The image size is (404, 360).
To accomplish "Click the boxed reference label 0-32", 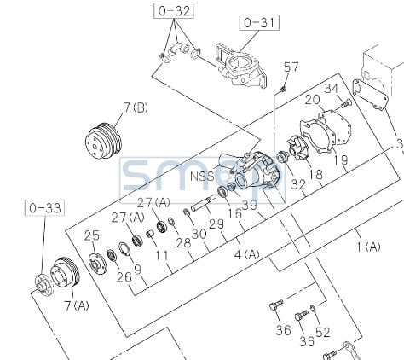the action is pos(174,11).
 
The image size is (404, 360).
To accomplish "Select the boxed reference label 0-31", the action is pos(259,22).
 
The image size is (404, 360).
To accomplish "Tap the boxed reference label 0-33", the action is pos(45,208).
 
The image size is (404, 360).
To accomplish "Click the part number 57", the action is pos(291,67).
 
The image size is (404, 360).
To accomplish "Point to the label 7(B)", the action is pos(136,107).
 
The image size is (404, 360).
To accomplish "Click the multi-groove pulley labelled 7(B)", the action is pos(103,141).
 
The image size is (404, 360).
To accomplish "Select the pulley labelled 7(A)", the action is pos(65,273).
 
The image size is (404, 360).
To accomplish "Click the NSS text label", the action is pos(202,176).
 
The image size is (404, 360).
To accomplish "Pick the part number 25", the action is pos(92,235).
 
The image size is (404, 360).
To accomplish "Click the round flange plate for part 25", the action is pos(97,264).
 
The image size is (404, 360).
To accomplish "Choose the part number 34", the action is pos(332,89).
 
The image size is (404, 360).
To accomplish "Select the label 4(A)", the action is pos(246,254).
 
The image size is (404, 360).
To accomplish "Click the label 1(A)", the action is pos(368,247).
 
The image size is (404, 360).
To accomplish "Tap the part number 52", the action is pos(323,332).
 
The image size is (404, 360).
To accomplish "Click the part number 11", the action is pos(162,256).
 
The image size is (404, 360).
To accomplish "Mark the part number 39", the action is pos(249,205).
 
